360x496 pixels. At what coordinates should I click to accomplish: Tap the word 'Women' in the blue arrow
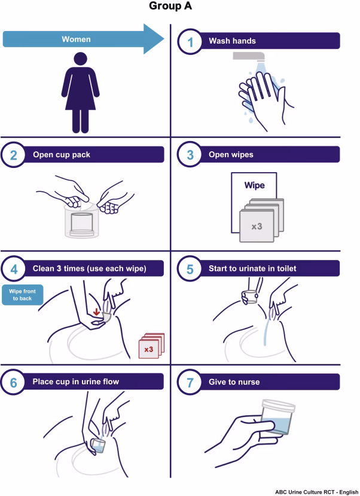pos(76,39)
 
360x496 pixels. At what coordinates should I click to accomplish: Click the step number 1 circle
pos(190,41)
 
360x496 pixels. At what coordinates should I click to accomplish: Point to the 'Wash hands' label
pos(232,41)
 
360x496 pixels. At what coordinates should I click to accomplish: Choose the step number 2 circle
pos(14,155)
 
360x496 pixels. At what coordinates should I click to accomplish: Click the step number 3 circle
pos(190,155)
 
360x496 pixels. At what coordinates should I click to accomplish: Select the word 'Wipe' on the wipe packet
pos(254,185)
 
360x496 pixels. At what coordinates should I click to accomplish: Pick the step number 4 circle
pos(14,268)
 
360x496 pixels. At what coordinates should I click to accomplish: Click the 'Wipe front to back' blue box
pos(22,295)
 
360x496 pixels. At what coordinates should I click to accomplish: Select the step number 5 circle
pos(190,268)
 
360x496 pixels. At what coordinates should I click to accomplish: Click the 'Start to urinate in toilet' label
pos(252,268)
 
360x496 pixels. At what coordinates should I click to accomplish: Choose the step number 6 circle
pos(14,382)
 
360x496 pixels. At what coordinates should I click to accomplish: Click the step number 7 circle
pos(190,382)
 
